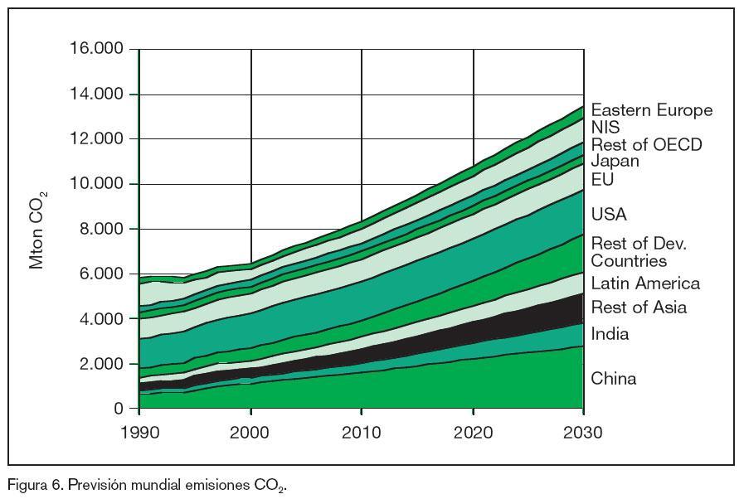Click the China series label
click(614, 379)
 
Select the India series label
click(610, 334)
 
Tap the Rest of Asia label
click(639, 308)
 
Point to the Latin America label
click(645, 283)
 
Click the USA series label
click(609, 215)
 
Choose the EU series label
click(602, 179)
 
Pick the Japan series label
click(615, 161)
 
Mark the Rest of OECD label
click(646, 145)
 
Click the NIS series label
click(605, 128)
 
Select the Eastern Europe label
click(651, 110)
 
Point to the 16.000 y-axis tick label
click(95, 49)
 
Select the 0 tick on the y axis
click(119, 409)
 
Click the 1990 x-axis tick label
click(139, 432)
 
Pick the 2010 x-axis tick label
click(362, 432)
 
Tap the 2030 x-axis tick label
click(584, 432)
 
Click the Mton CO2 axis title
click(38, 229)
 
